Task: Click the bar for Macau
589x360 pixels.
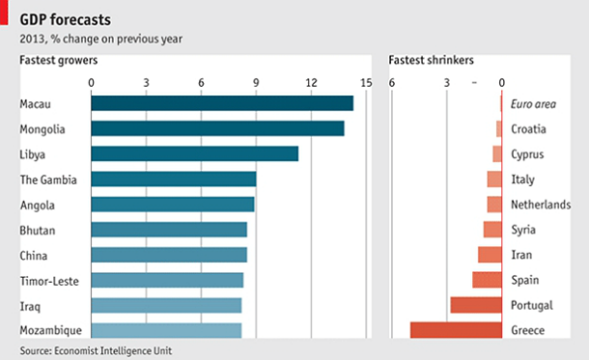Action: tap(222, 103)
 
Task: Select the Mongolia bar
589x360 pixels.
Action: tap(217, 128)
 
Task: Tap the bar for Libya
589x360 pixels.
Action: tap(194, 153)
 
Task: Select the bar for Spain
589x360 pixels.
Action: tap(487, 280)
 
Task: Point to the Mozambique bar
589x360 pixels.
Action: tap(166, 330)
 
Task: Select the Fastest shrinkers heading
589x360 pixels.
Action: tap(431, 61)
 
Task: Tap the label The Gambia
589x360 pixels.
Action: tap(48, 179)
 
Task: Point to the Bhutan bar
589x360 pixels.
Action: tap(169, 230)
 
